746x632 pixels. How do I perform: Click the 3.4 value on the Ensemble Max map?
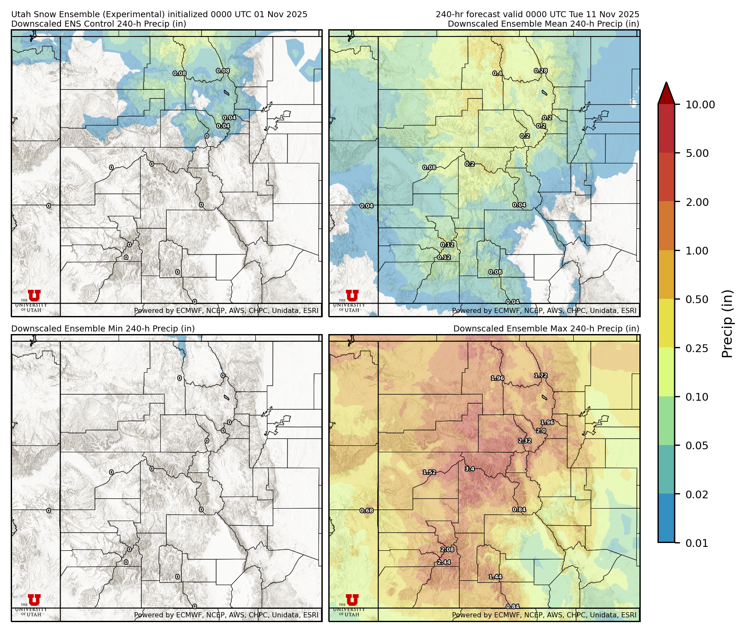pyautogui.click(x=470, y=469)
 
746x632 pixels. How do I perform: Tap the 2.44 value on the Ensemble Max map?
pyautogui.click(x=444, y=562)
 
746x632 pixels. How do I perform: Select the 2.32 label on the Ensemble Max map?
pyautogui.click(x=525, y=441)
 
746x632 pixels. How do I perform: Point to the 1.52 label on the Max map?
pyautogui.click(x=429, y=472)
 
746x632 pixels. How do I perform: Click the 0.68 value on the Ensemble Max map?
pyautogui.click(x=367, y=511)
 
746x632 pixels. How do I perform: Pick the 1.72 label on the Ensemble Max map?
pyautogui.click(x=541, y=375)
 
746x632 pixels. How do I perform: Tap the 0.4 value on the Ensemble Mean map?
pyautogui.click(x=498, y=74)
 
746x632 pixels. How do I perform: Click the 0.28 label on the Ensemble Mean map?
pyautogui.click(x=541, y=71)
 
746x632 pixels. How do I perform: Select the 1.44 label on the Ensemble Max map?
pyautogui.click(x=495, y=577)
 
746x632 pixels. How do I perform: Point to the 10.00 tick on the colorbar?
pyautogui.click(x=700, y=104)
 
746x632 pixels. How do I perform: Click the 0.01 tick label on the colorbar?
pyautogui.click(x=697, y=543)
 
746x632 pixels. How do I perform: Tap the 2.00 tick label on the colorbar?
pyautogui.click(x=697, y=202)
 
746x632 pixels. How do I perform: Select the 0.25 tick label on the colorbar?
pyautogui.click(x=697, y=348)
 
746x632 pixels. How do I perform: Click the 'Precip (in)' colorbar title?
pyautogui.click(x=727, y=324)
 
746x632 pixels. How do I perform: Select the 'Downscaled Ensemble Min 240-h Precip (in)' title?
pyautogui.click(x=103, y=328)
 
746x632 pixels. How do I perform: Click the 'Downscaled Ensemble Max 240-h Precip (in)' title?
pyautogui.click(x=546, y=328)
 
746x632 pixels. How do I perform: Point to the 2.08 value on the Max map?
pyautogui.click(x=447, y=549)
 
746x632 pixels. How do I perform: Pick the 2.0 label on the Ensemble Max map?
pyautogui.click(x=541, y=431)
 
